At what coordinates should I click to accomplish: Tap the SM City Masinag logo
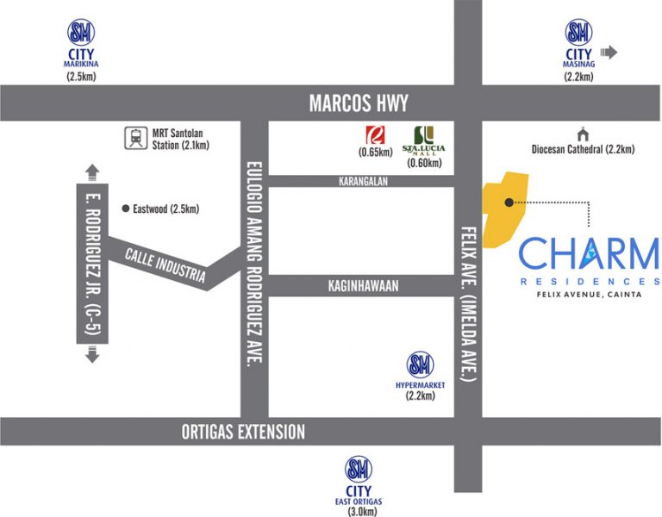click(578, 34)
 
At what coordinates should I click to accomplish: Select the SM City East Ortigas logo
click(359, 470)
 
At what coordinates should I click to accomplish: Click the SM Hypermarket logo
click(420, 364)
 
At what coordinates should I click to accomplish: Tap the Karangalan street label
click(361, 181)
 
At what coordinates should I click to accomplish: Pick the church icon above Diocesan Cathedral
click(583, 134)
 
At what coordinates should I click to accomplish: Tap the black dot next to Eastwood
click(126, 209)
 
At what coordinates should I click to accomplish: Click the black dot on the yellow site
click(509, 202)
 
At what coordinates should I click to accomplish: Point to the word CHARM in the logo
click(588, 255)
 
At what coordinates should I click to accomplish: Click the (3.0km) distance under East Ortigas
click(359, 512)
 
